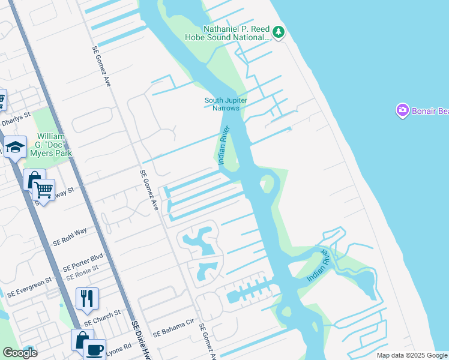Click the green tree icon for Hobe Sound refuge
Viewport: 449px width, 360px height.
[x=278, y=31]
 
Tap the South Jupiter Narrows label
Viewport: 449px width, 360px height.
[x=226, y=104]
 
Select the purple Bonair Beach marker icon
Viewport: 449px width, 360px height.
[x=402, y=110]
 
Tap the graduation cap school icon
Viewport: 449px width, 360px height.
[x=14, y=146]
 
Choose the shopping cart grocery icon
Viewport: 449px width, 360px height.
[x=43, y=190]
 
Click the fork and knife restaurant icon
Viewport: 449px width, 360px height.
[x=87, y=298]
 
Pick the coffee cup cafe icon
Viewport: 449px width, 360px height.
[x=94, y=349]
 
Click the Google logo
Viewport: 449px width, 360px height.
[x=19, y=353]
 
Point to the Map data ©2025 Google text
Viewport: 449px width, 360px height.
[x=411, y=355]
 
